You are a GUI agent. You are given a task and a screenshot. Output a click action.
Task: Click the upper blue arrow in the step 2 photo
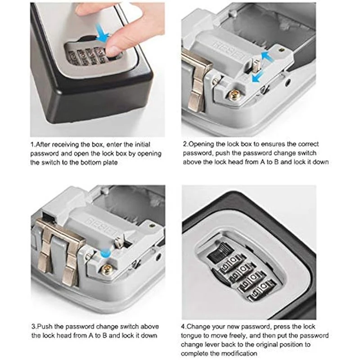pyautogui.click(x=267, y=56)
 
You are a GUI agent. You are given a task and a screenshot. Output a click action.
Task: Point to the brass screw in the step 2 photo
pyautogui.click(x=234, y=95)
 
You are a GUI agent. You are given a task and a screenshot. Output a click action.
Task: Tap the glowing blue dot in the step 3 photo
pyautogui.click(x=106, y=254)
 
